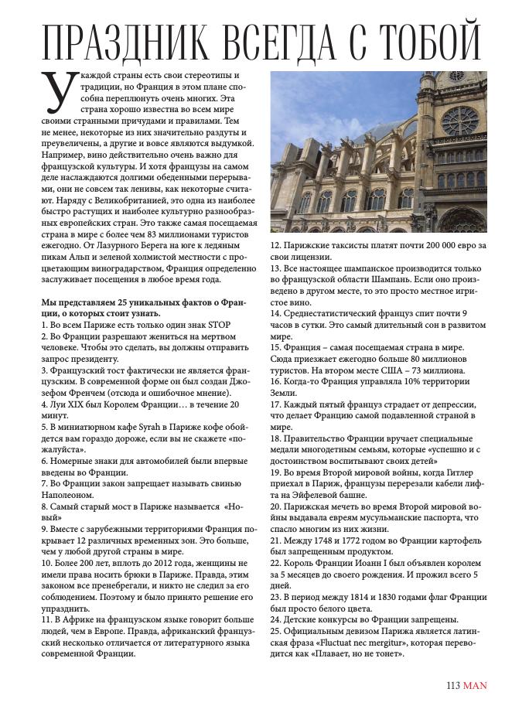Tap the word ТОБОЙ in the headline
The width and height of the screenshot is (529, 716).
[x=433, y=40]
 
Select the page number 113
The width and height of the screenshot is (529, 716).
[x=453, y=684]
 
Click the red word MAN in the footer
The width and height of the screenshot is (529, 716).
[x=475, y=684]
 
